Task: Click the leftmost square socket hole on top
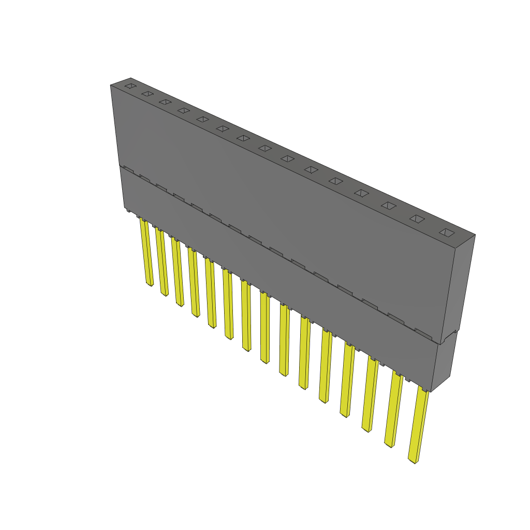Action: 130,85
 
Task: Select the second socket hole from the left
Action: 148,94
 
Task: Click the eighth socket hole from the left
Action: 264,148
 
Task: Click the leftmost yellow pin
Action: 147,254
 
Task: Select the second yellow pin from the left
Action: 162,263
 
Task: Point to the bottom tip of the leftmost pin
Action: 150,284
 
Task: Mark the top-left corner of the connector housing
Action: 111,85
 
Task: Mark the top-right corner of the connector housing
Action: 475,235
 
